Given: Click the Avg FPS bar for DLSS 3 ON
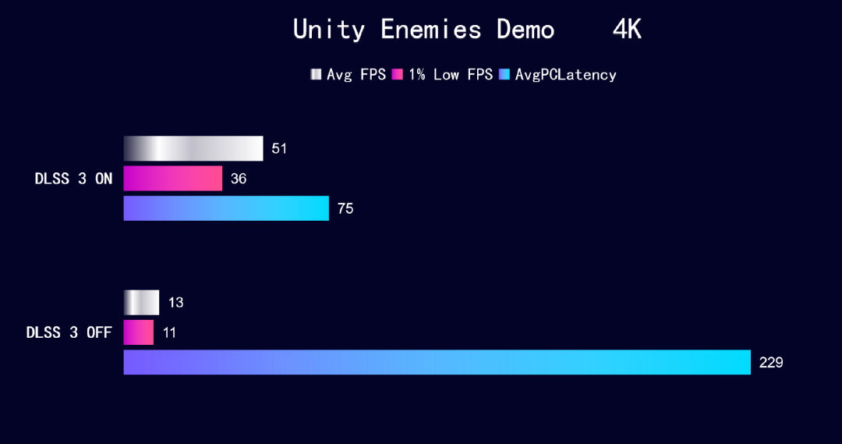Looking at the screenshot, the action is [193, 148].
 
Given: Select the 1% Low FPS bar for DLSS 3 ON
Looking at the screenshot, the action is [173, 179].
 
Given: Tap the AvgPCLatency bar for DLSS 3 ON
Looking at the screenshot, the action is [226, 208].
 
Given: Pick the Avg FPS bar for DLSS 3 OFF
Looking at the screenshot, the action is [141, 303].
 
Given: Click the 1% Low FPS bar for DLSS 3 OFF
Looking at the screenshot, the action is [139, 332].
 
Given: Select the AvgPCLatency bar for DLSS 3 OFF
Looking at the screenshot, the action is [437, 362].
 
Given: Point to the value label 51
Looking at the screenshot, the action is [279, 149].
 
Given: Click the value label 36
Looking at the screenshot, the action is [239, 179].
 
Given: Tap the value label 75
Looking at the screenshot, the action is [345, 208].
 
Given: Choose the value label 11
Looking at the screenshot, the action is [169, 333].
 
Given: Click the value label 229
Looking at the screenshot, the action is [771, 363].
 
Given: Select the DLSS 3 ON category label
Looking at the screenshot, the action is [73, 179].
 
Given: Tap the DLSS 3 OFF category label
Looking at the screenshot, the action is [69, 332].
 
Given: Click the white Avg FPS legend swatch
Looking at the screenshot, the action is [316, 74].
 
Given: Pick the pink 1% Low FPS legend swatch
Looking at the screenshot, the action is [398, 74].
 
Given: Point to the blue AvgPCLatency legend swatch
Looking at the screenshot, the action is [504, 74].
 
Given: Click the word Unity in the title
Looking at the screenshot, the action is [329, 30].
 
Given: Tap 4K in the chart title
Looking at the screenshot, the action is [627, 30].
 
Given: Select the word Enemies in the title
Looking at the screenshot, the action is [430, 30].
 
